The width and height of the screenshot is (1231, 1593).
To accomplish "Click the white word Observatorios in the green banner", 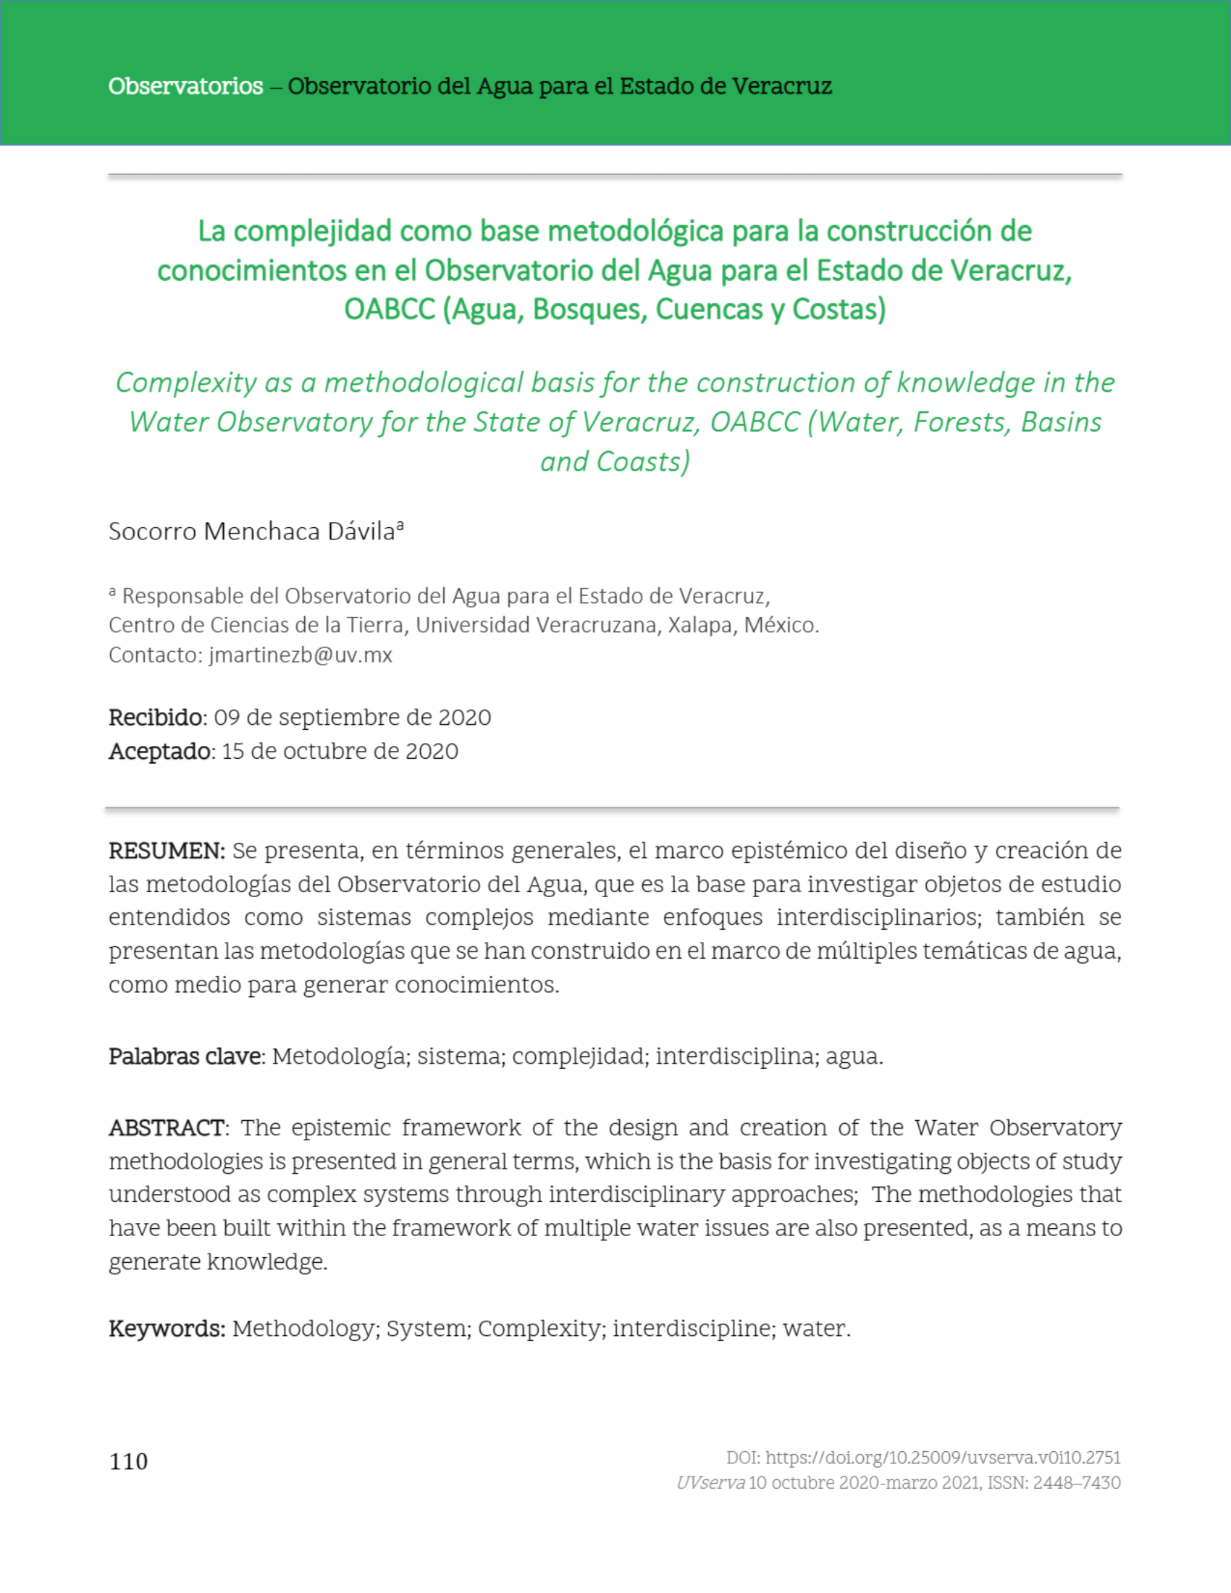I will point(185,86).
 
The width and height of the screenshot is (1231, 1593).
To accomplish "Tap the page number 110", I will point(128,1461).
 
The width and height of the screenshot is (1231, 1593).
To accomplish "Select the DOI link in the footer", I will point(943,1458).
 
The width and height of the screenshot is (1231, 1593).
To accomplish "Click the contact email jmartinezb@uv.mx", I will point(301,655).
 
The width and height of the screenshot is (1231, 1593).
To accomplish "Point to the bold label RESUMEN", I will point(167,851).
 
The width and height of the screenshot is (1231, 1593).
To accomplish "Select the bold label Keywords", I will point(167,1328).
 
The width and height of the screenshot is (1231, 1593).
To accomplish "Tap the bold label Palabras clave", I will point(186,1056).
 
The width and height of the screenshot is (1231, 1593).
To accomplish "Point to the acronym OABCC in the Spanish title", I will point(390,309).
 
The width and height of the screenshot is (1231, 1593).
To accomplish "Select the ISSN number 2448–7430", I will point(1076,1482).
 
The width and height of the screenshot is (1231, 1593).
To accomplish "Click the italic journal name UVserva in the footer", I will point(710,1482).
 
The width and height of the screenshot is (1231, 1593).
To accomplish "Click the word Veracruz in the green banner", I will point(782,86).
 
